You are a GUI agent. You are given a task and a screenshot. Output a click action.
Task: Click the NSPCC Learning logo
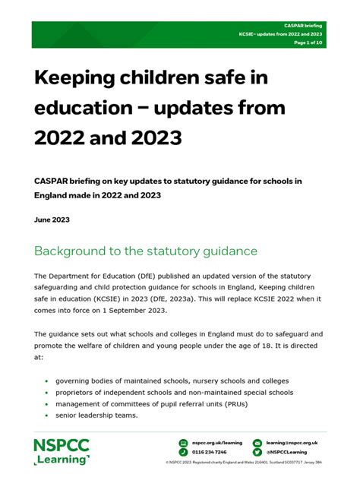point(62,451)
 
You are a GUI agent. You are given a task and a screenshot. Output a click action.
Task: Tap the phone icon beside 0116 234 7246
point(183,452)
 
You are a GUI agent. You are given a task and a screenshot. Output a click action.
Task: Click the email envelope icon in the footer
point(257,442)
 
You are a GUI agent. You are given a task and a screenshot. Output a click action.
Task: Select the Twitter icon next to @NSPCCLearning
point(257,452)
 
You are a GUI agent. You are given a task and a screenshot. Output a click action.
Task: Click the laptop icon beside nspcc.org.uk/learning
point(183,442)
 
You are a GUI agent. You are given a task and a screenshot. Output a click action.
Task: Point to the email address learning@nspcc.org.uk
point(292,442)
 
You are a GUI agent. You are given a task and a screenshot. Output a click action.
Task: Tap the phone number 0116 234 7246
point(209,452)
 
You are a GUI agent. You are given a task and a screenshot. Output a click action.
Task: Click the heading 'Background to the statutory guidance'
point(146,251)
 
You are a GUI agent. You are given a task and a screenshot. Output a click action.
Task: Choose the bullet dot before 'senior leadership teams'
point(47,415)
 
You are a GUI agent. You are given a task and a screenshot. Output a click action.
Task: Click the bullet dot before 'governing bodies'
point(47,381)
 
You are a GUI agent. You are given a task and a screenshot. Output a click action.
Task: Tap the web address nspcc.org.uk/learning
point(216,442)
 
